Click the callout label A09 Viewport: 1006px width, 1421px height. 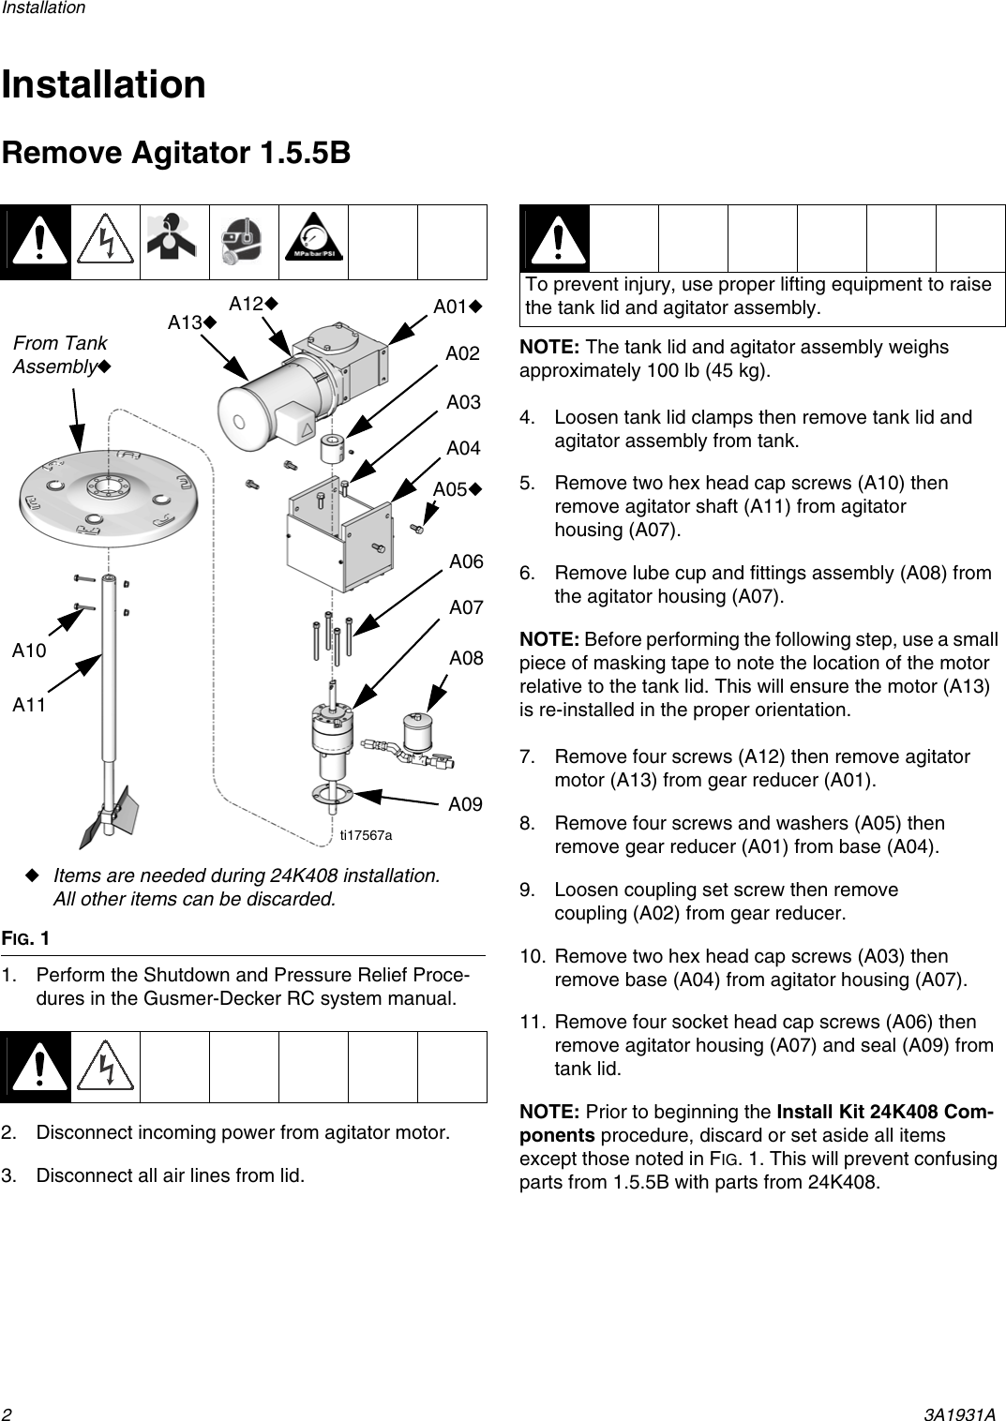click(465, 804)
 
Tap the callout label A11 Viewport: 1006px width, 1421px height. click(29, 705)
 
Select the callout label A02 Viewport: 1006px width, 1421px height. click(462, 353)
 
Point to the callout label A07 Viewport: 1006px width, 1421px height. click(466, 607)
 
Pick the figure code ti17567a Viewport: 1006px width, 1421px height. click(366, 834)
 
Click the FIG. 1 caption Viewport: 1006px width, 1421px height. click(26, 938)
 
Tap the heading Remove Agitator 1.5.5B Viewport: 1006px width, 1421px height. click(176, 153)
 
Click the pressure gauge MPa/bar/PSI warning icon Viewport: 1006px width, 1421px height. click(314, 243)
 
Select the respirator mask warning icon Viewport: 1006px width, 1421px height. click(244, 243)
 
